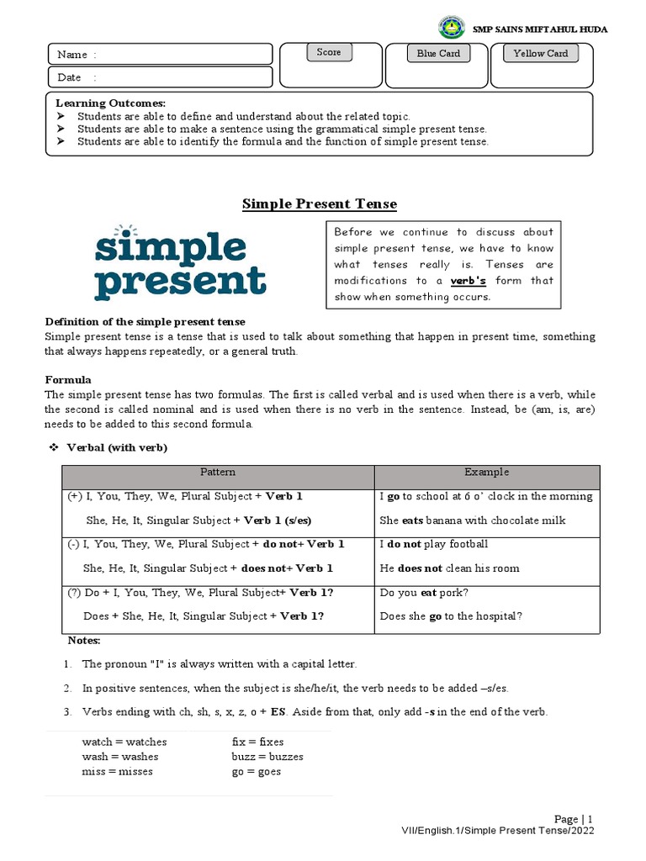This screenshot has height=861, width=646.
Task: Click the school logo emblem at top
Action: click(452, 29)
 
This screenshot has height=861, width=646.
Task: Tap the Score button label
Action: click(329, 52)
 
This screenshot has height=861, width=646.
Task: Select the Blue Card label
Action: click(438, 53)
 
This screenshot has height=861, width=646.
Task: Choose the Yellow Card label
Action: click(541, 53)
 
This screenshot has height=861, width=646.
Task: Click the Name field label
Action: click(77, 55)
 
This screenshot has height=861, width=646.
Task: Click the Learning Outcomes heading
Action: click(110, 103)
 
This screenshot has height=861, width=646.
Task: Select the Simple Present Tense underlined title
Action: click(320, 204)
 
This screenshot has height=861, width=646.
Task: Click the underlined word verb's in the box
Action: click(469, 281)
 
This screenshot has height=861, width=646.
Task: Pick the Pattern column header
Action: click(218, 473)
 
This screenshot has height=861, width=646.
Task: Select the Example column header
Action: click(486, 473)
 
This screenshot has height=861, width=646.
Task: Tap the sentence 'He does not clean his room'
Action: click(449, 568)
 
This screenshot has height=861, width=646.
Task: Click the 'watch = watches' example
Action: click(124, 742)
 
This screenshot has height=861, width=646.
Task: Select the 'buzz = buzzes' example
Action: click(267, 757)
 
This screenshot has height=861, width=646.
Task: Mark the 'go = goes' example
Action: click(257, 771)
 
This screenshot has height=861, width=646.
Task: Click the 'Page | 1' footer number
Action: click(574, 819)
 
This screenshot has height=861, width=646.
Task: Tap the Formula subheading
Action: click(68, 380)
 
